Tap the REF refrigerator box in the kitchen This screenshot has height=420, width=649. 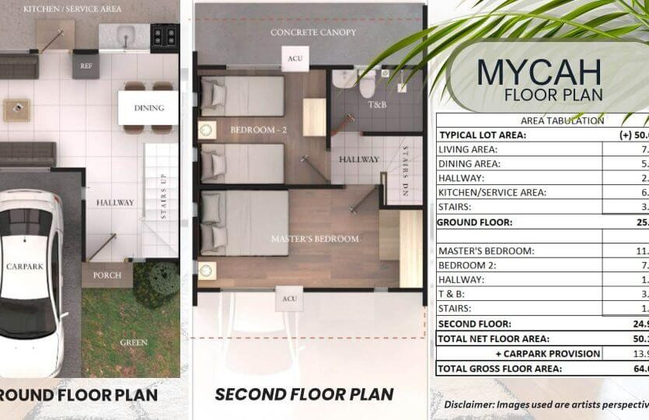coord(85,65)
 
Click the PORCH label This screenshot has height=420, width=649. coord(107,275)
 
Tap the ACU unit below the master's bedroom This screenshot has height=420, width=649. coord(290,298)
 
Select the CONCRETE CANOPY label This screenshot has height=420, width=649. coord(313,32)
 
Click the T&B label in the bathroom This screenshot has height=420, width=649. coord(377,103)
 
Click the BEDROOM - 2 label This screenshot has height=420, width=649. coord(259,130)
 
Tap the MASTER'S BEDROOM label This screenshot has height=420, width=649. coord(315,238)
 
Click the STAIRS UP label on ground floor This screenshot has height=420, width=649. coord(163,198)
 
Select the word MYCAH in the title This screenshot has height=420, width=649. coord(539,72)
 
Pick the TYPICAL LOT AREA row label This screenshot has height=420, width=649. coord(482,135)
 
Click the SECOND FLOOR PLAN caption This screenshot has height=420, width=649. coord(304,394)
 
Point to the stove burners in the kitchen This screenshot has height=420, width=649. coord(164,34)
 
